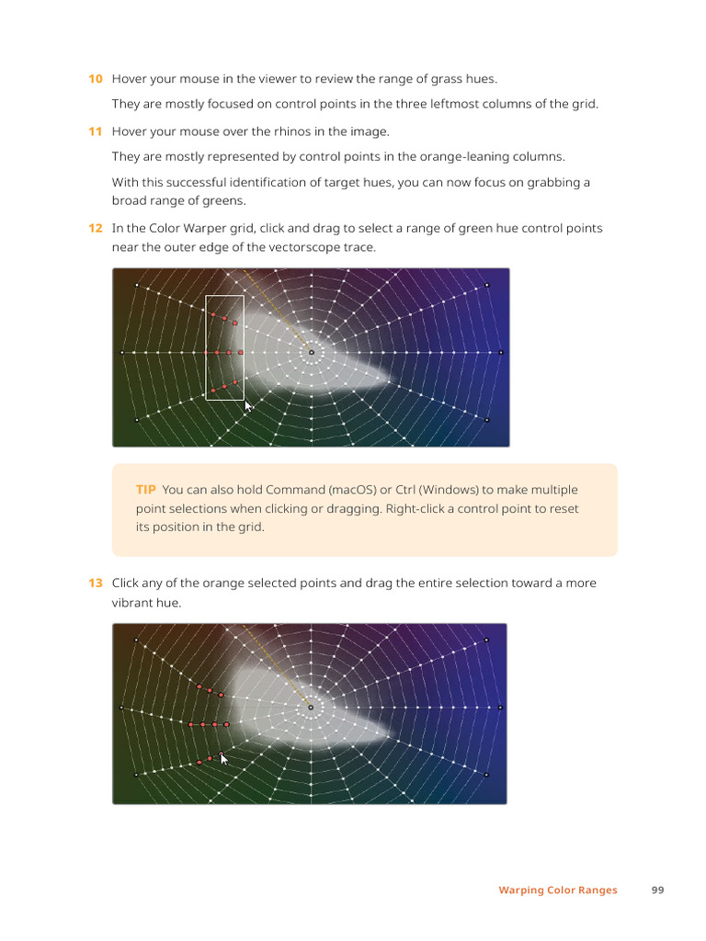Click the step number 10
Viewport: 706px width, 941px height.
pyautogui.click(x=95, y=79)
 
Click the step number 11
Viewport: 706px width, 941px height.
pyautogui.click(x=95, y=131)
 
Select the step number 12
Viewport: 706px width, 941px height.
pyautogui.click(x=95, y=228)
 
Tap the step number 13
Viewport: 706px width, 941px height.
pyautogui.click(x=95, y=583)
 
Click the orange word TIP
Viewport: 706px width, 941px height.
pyautogui.click(x=145, y=490)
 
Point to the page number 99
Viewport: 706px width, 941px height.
pyautogui.click(x=657, y=890)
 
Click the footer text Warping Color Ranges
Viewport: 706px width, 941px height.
pyautogui.click(x=558, y=890)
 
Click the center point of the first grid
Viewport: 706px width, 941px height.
pyautogui.click(x=311, y=352)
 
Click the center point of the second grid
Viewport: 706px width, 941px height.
pyautogui.click(x=311, y=708)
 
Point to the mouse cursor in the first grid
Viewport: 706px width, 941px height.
pyautogui.click(x=247, y=404)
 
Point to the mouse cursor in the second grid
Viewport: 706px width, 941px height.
pyautogui.click(x=222, y=757)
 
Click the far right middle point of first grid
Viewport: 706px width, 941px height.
pyautogui.click(x=500, y=352)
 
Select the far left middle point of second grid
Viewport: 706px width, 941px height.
pyautogui.click(x=122, y=708)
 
